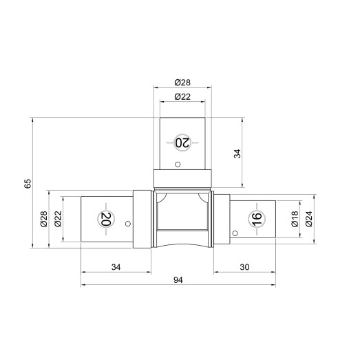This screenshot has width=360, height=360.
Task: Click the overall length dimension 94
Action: (178, 280)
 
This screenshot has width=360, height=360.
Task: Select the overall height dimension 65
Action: (28, 184)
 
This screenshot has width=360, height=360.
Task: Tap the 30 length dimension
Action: (244, 267)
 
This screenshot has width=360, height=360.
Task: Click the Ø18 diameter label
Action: (295, 219)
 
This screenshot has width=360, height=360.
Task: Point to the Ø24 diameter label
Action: (309, 219)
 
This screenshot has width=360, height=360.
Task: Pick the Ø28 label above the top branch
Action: (182, 83)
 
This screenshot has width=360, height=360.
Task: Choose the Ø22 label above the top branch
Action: (182, 96)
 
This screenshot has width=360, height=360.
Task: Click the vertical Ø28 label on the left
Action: (44, 219)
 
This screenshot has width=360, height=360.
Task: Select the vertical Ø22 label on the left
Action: (58, 219)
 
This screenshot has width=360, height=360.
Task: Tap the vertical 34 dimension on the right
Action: (237, 153)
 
